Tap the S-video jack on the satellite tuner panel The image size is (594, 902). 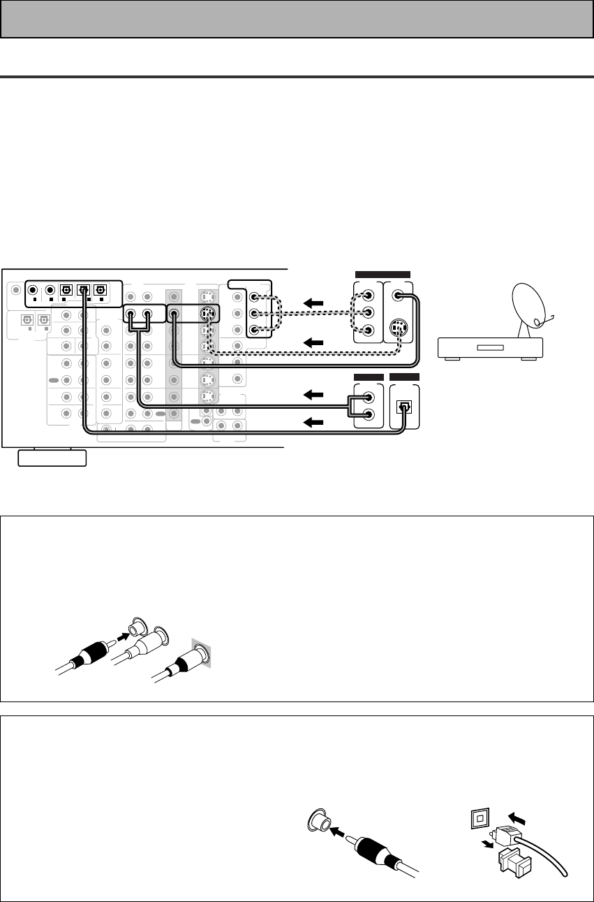tap(398, 326)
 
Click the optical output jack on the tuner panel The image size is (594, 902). tap(403, 407)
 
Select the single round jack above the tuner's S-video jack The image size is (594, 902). tap(398, 296)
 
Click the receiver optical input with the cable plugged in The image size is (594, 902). tap(83, 289)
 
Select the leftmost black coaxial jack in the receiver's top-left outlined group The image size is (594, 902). tap(31, 289)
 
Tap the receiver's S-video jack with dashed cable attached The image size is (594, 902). tap(206, 314)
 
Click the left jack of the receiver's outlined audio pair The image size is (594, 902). tap(131, 314)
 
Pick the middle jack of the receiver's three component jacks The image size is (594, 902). tap(256, 314)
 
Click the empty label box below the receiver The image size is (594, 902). tap(52, 458)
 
